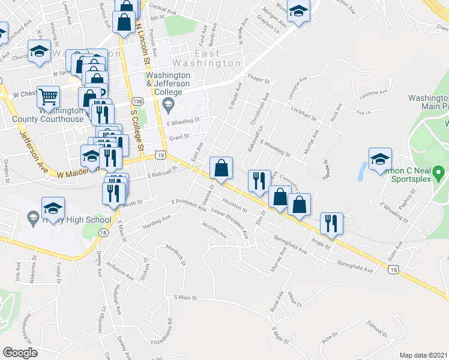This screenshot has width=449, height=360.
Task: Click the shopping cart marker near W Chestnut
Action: coord(49,96)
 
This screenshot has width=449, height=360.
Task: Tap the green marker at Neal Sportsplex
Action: coord(438,175)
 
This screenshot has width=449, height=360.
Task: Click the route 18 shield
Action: coord(104,232)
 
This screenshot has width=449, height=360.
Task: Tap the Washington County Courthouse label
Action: coord(62,115)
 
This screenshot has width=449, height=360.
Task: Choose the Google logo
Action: coord(20,353)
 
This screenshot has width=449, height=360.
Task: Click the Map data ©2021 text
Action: coord(424,355)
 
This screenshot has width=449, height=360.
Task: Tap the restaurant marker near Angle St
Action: coord(331,223)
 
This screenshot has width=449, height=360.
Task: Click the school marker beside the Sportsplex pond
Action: coord(380,159)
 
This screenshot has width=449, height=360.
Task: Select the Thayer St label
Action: coord(259,79)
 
